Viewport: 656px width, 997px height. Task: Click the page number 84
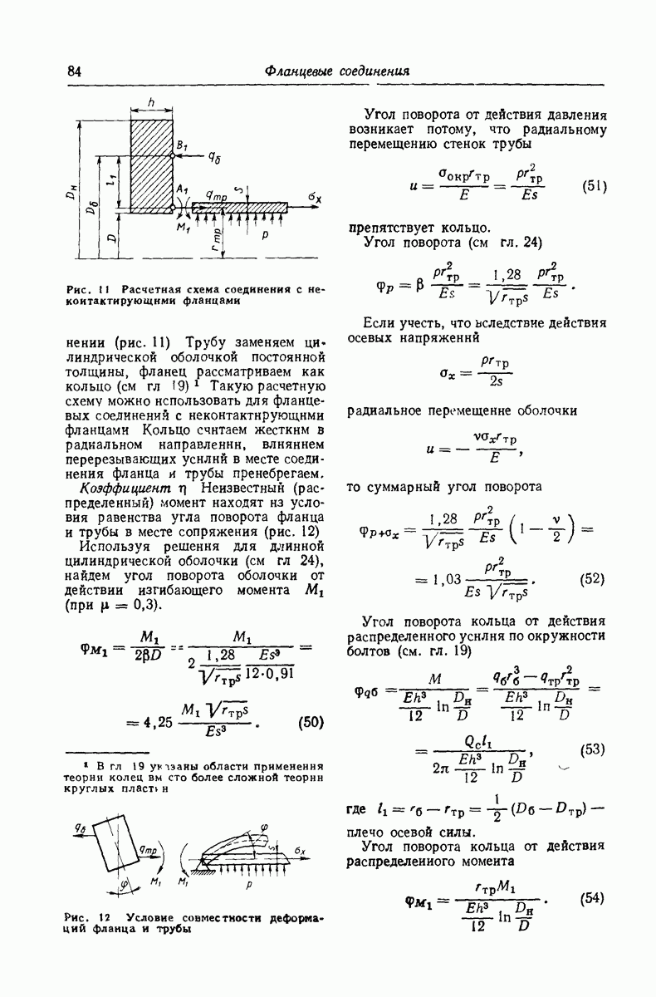73,71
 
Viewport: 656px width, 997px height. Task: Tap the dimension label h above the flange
150,101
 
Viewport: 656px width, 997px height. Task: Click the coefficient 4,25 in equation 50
157,722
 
